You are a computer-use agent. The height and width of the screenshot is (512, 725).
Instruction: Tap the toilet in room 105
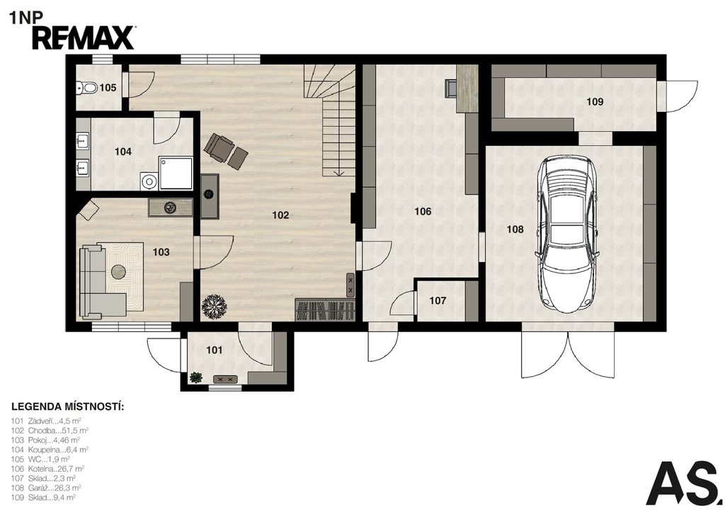(x=87, y=87)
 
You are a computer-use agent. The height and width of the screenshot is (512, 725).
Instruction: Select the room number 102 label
(x=280, y=215)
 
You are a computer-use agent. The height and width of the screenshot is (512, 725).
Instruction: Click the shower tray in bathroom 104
(x=176, y=173)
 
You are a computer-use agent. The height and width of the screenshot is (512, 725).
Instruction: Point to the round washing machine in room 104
(x=149, y=181)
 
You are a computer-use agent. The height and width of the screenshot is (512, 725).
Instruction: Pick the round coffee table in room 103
(x=119, y=271)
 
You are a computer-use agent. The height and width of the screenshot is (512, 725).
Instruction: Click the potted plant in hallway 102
(x=214, y=306)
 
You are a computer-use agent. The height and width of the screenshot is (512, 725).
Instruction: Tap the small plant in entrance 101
(x=196, y=377)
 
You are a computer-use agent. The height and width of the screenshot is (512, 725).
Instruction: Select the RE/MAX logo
(x=84, y=38)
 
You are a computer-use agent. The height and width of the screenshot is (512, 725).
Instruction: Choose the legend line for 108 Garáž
(x=46, y=488)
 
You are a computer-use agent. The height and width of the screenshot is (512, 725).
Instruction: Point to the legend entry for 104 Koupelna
(x=50, y=449)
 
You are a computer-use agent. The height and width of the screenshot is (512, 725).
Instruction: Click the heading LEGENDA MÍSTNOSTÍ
(x=68, y=407)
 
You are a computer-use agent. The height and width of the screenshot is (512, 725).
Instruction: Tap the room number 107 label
(x=438, y=301)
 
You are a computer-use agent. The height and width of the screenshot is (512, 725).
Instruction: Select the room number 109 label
(x=595, y=102)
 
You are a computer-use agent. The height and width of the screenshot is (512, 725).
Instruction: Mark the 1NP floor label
(x=26, y=18)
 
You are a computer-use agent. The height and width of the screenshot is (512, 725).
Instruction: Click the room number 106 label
(x=423, y=211)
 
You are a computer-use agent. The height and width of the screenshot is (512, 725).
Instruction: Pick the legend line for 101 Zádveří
(x=46, y=421)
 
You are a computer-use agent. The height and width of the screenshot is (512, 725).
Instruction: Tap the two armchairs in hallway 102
(x=226, y=150)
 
